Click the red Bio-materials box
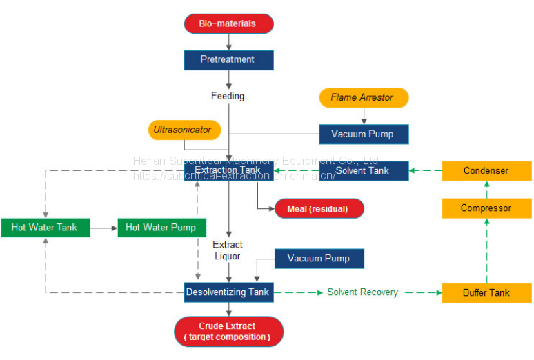tap(228, 23)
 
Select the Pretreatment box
tap(228, 60)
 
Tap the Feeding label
tap(228, 96)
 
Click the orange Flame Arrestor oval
tap(364, 97)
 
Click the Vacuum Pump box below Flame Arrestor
tap(364, 134)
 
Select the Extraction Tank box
tap(228, 170)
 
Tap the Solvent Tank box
tap(364, 170)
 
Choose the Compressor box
tap(486, 208)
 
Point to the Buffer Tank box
tap(486, 292)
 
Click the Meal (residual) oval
tap(319, 208)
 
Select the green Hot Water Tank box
tap(45, 227)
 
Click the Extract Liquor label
tap(227, 250)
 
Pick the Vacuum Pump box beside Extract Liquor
tap(319, 259)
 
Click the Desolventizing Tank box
tap(228, 292)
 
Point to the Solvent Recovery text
tap(362, 292)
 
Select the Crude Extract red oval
tap(228, 331)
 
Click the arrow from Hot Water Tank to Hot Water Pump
tap(103, 227)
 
